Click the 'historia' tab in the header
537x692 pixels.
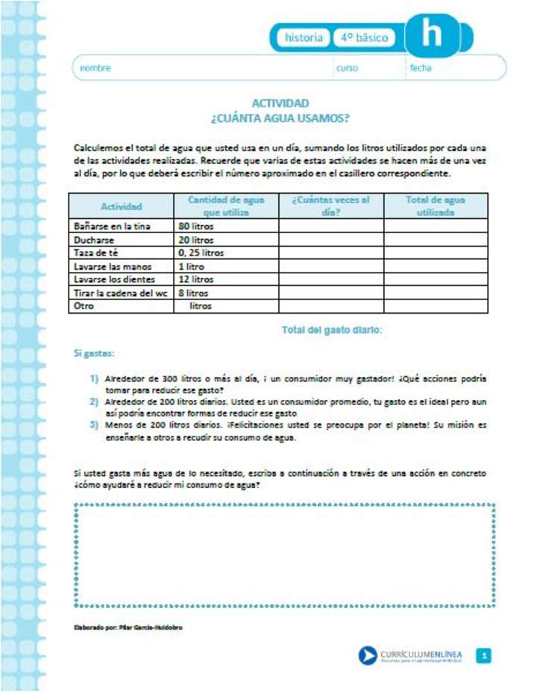click(304, 37)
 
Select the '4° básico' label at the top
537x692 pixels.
click(365, 37)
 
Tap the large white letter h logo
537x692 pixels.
click(431, 34)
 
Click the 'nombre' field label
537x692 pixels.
click(95, 68)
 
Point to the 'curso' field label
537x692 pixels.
click(347, 68)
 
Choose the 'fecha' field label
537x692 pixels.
click(420, 68)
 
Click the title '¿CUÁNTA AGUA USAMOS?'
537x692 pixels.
click(280, 118)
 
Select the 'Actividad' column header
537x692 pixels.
click(121, 206)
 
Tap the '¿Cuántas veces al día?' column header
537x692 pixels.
click(330, 206)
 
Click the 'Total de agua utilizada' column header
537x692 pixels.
click(435, 206)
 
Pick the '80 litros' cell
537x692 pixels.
click(195, 226)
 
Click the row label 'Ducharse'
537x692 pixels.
click(93, 240)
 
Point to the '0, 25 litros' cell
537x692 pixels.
click(201, 253)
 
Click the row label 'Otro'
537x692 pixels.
click(84, 306)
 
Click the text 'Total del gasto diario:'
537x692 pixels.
click(331, 329)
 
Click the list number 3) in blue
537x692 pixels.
click(94, 425)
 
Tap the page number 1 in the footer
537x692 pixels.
click(484, 656)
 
